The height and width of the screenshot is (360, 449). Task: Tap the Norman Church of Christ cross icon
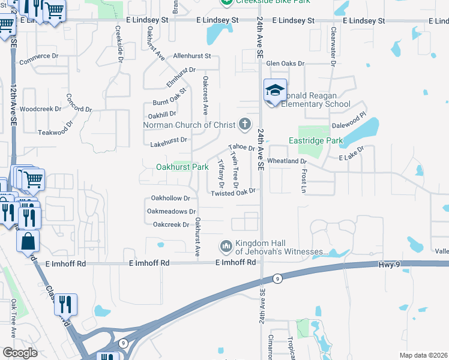click(x=244, y=125)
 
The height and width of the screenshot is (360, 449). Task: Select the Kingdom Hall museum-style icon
click(x=226, y=246)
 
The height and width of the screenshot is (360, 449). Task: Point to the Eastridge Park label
click(x=315, y=141)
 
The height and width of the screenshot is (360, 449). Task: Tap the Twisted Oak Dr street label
click(x=234, y=192)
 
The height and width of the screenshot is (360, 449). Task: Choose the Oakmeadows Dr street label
click(x=172, y=211)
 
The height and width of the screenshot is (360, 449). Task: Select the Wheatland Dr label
click(x=287, y=161)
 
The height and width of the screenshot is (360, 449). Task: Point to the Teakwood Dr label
click(x=55, y=132)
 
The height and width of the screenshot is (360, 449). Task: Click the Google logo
click(x=20, y=352)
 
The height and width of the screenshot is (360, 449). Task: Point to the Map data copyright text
click(x=423, y=355)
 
